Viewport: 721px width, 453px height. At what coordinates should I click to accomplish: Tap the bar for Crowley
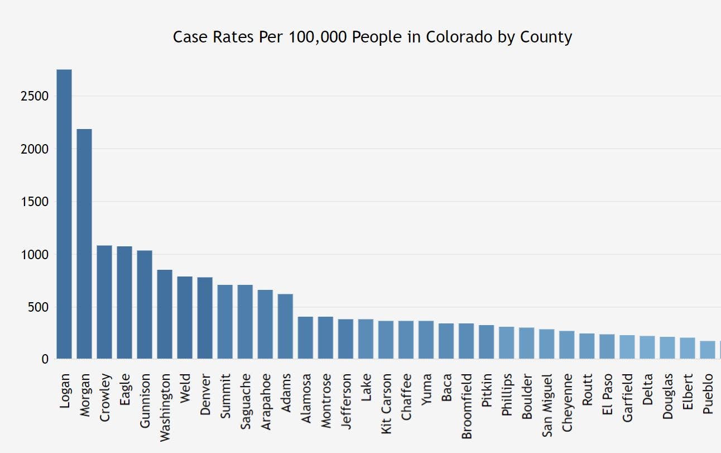(104, 302)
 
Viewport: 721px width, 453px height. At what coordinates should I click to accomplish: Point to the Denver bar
(205, 318)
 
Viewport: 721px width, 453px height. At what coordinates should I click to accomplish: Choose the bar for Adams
(285, 326)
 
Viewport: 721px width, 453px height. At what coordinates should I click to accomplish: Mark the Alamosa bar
(305, 337)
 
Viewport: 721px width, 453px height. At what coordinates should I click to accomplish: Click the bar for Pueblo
(708, 350)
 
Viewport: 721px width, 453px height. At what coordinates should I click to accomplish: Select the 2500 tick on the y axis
(35, 96)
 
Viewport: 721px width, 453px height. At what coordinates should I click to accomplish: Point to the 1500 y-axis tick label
(35, 202)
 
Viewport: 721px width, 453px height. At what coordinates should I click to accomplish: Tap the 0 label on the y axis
(45, 360)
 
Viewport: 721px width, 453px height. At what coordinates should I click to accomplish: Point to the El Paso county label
(607, 396)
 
